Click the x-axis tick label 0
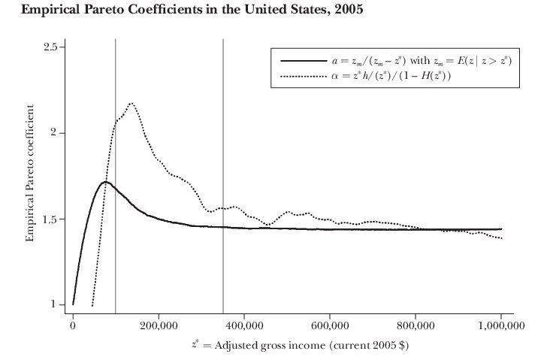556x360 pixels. [x=73, y=325]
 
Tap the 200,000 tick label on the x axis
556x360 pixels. [x=159, y=325]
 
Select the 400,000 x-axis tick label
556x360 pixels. [x=244, y=325]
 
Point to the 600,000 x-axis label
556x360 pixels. [x=330, y=325]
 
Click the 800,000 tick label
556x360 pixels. [x=415, y=325]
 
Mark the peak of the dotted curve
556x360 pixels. [x=131, y=103]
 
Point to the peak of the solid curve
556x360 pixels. [x=104, y=182]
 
